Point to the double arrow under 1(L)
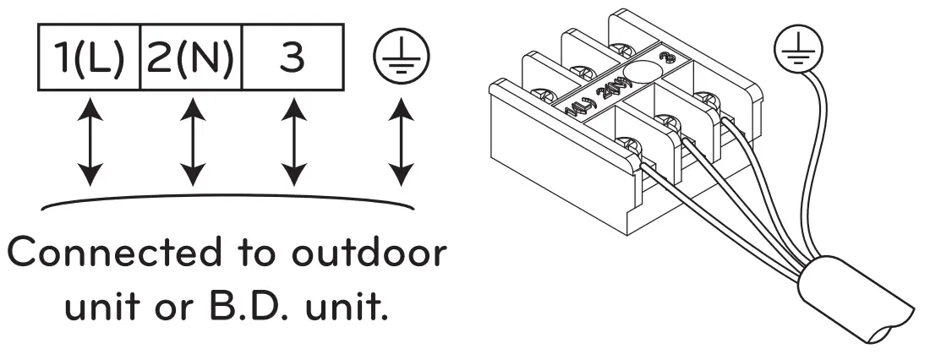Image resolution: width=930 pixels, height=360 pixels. (x=90, y=145)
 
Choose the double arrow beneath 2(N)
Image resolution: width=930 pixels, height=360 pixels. (x=192, y=145)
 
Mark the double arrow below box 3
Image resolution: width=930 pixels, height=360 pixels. (x=293, y=145)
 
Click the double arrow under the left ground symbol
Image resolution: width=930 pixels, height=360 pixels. (x=401, y=145)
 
